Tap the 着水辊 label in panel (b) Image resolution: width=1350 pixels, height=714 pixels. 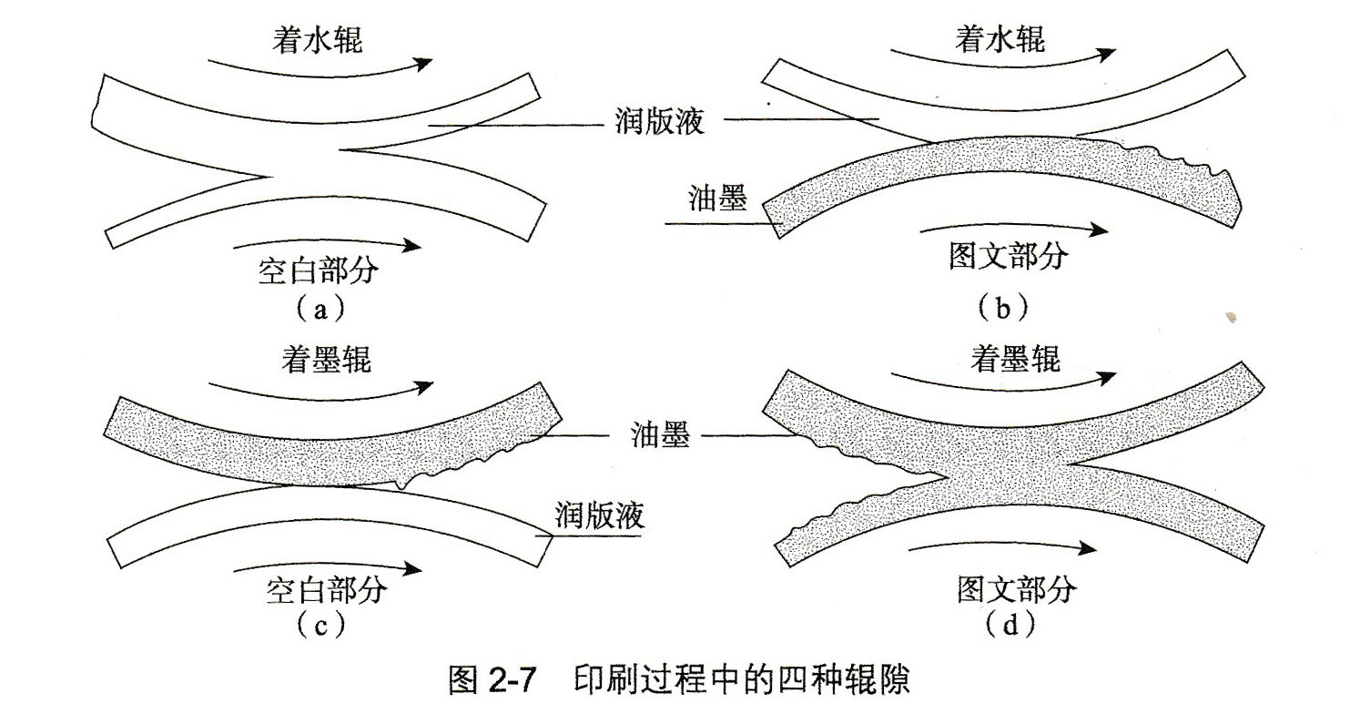1000,38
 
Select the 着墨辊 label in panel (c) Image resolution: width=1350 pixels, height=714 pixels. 325,359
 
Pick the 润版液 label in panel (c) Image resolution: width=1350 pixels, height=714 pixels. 600,515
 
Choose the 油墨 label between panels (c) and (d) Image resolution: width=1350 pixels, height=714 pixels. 661,436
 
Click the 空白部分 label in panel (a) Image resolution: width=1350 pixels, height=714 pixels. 319,270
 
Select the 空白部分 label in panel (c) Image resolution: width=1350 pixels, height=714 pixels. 327,589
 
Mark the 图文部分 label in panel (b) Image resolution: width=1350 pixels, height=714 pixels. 1007,256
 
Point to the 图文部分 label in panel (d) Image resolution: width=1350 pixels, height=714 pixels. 1017,589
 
